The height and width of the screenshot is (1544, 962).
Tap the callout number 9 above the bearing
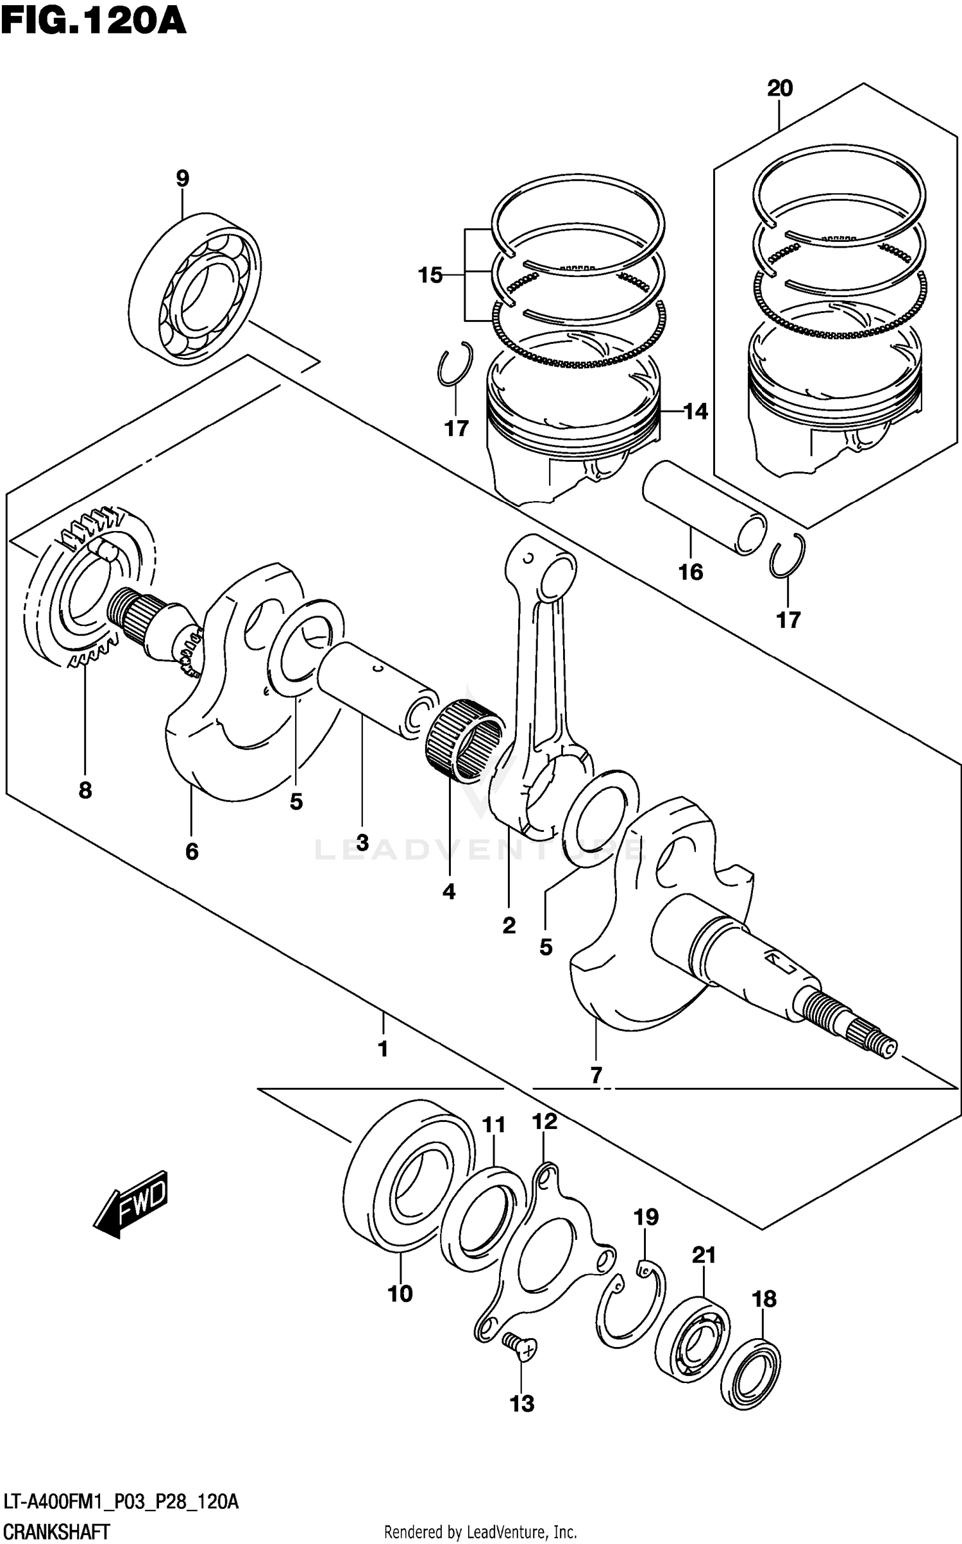182,178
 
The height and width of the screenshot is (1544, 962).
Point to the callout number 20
780,88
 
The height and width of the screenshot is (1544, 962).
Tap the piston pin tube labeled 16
704,507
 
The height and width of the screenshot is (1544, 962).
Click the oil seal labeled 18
750,1373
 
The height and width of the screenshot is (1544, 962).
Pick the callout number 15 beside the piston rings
430,275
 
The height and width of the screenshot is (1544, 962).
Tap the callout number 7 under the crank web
596,1074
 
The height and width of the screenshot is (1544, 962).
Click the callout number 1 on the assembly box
383,1049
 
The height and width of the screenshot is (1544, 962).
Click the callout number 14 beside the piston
695,411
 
